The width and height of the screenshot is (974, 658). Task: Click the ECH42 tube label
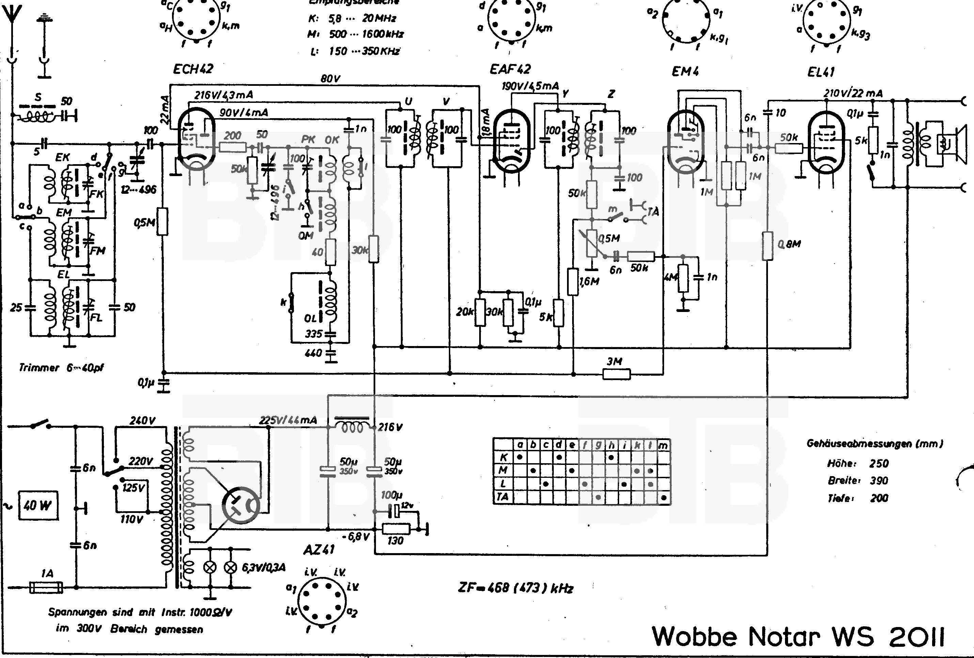(193, 69)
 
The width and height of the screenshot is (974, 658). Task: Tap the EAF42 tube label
(510, 69)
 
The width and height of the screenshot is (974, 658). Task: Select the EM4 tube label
(685, 72)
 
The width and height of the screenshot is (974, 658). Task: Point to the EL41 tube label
(821, 72)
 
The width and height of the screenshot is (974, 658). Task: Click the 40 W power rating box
(38, 505)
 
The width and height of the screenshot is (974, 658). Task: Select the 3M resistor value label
(614, 361)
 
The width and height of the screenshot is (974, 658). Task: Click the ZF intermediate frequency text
(516, 588)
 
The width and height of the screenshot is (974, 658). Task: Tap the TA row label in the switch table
(503, 497)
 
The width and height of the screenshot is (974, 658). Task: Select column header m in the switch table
(663, 445)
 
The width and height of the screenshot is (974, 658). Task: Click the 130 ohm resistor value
(395, 540)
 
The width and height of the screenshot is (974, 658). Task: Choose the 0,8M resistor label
(789, 244)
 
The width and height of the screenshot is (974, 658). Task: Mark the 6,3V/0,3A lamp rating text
(264, 568)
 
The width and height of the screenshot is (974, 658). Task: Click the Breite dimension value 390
(879, 481)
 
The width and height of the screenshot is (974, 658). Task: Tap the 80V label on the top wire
(330, 78)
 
